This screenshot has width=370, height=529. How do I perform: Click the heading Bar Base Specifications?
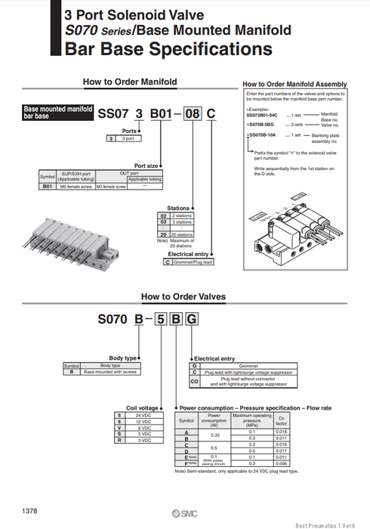[168, 50]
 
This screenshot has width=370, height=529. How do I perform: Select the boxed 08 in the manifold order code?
[193, 114]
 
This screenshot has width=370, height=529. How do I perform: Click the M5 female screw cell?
[78, 185]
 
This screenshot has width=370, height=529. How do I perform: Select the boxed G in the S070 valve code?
[192, 320]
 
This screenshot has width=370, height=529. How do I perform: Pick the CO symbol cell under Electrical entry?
[194, 382]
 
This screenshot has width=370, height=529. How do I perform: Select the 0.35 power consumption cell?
[214, 435]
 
